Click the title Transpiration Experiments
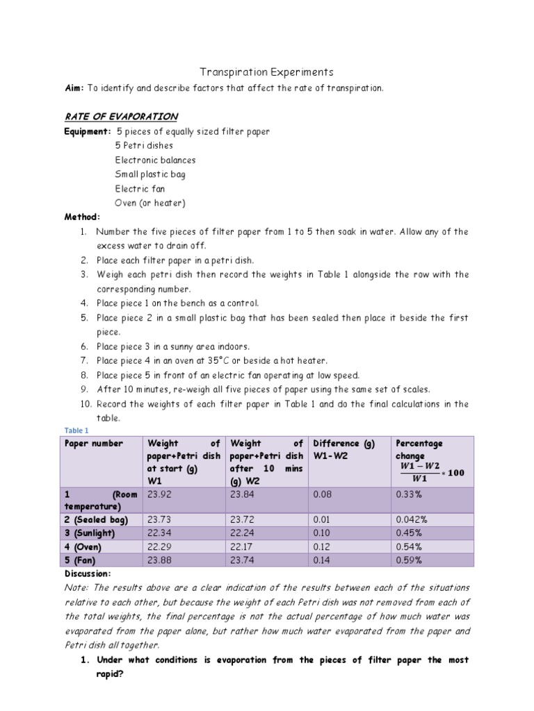[x=267, y=72]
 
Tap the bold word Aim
[x=73, y=88]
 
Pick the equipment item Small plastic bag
[x=150, y=174]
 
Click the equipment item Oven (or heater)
[x=150, y=203]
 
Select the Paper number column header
[x=94, y=443]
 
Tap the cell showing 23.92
[x=157, y=494]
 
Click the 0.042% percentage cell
[x=412, y=519]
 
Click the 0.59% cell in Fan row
[x=409, y=560]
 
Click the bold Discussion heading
[x=88, y=574]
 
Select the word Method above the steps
[x=82, y=217]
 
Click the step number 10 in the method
[x=84, y=403]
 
